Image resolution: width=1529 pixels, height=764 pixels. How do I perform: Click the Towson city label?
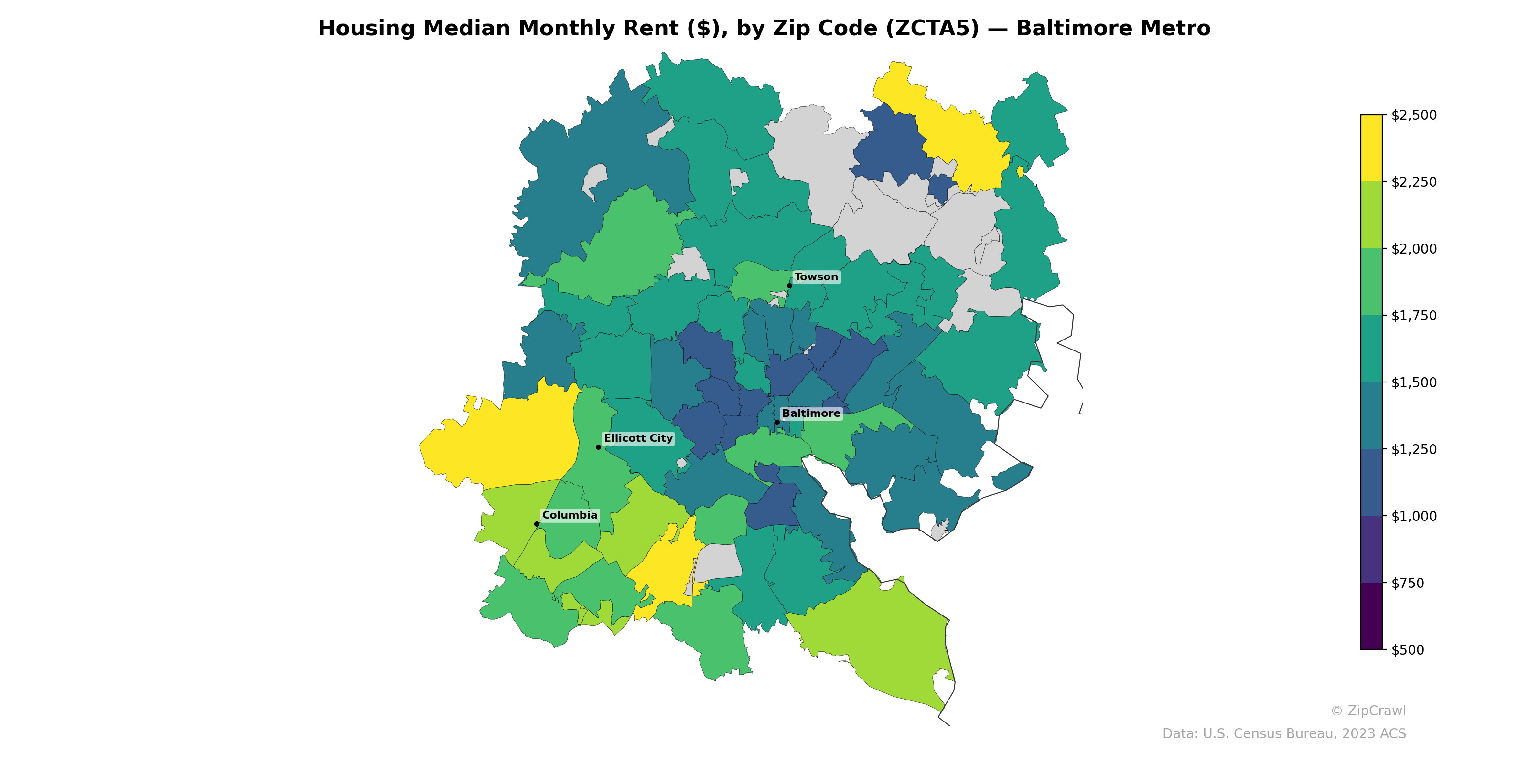click(816, 277)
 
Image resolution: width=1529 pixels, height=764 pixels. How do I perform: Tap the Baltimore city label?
click(811, 414)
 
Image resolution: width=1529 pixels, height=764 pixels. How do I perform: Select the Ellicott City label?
click(638, 438)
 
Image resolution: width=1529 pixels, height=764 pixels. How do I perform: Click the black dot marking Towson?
click(789, 286)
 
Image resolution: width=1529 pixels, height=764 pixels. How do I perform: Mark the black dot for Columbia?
click(537, 524)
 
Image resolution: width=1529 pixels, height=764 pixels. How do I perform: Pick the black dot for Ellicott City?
click(598, 447)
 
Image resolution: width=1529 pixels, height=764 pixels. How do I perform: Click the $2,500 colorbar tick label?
click(1414, 115)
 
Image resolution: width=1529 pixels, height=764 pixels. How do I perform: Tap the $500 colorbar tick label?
click(1407, 650)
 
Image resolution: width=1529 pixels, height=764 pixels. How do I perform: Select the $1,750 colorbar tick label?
click(1414, 316)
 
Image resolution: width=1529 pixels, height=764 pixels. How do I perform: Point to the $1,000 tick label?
click(1414, 516)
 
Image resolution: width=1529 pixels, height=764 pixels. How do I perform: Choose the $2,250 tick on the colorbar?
click(1414, 182)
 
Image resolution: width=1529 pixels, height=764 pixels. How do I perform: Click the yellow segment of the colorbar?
click(1371, 149)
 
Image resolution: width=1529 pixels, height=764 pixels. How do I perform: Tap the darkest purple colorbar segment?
click(1371, 616)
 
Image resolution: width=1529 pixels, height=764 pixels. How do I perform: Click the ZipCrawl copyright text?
click(1368, 711)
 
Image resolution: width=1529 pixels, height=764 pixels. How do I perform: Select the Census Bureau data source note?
click(1284, 734)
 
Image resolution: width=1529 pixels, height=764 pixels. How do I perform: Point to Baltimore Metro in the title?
click(1113, 29)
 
